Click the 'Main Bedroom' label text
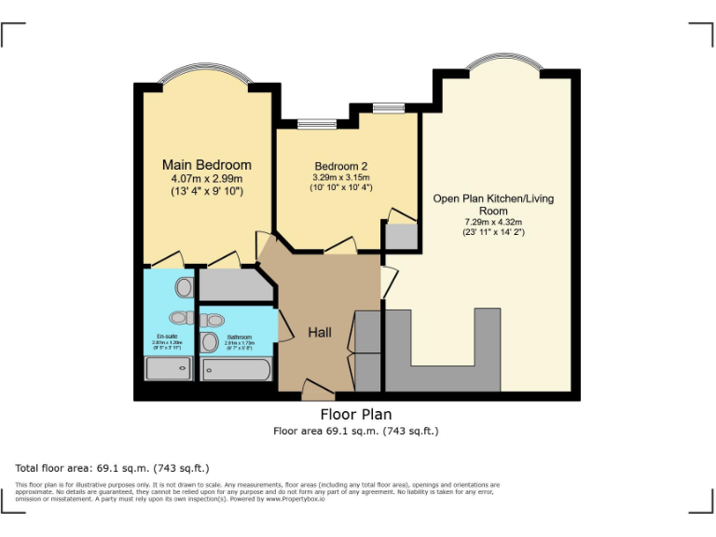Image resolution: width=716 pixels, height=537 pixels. [x=206, y=165]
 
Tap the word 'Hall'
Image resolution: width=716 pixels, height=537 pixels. [x=320, y=333]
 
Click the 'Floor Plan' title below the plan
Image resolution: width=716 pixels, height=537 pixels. [x=356, y=414]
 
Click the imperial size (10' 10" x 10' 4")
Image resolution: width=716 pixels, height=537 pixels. [x=340, y=187]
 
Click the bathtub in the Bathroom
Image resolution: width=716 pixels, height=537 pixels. [x=237, y=370]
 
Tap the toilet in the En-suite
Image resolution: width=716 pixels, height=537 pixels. [x=184, y=286]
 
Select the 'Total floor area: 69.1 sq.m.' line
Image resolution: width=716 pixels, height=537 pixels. [x=113, y=467]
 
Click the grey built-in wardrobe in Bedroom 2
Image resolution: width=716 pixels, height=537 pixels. [x=401, y=235]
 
